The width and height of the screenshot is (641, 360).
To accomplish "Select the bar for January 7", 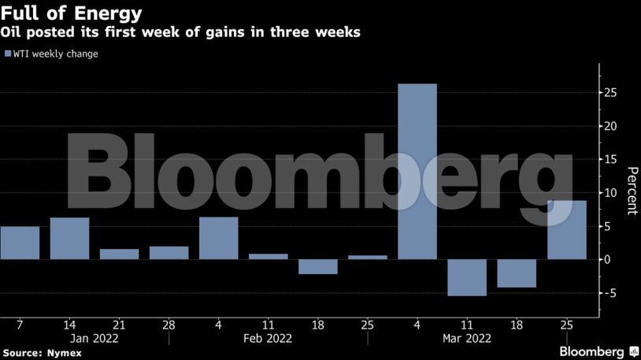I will (x=20, y=243).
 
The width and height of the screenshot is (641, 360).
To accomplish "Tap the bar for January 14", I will (x=69, y=238).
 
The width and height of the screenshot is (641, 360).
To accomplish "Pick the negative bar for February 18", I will (x=318, y=266).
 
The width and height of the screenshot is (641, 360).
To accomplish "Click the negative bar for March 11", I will (x=467, y=277).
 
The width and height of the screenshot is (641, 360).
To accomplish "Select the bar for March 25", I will (x=567, y=230).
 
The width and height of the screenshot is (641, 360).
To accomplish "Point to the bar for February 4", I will (x=219, y=238).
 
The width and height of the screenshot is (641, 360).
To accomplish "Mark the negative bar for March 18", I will (x=517, y=273).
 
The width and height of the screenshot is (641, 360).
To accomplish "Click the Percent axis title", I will (x=631, y=191).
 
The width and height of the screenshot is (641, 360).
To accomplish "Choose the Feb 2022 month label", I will (x=269, y=338).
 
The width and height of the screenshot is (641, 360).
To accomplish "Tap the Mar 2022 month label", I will (x=467, y=338).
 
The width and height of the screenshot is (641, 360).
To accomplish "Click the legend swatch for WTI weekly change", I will (x=7, y=54).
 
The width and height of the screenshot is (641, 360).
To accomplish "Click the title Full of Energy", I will (x=71, y=13).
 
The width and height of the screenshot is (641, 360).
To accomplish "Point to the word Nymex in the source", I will (x=65, y=354).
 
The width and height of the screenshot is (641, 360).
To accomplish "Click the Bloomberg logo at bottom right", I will (x=598, y=351).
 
